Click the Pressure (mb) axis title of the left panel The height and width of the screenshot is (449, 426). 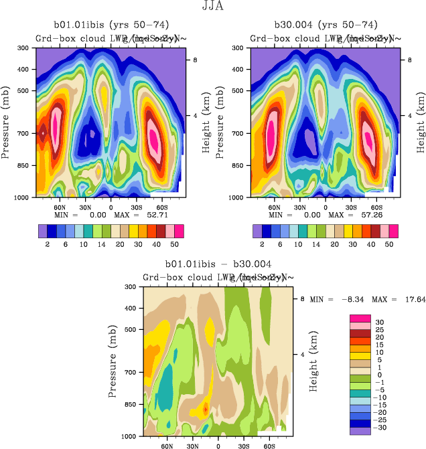coord(6,122)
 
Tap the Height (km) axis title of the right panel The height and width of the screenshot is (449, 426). coord(421,122)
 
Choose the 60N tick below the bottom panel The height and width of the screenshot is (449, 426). coord(166,444)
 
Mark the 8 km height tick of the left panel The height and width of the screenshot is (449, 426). coord(196,60)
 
